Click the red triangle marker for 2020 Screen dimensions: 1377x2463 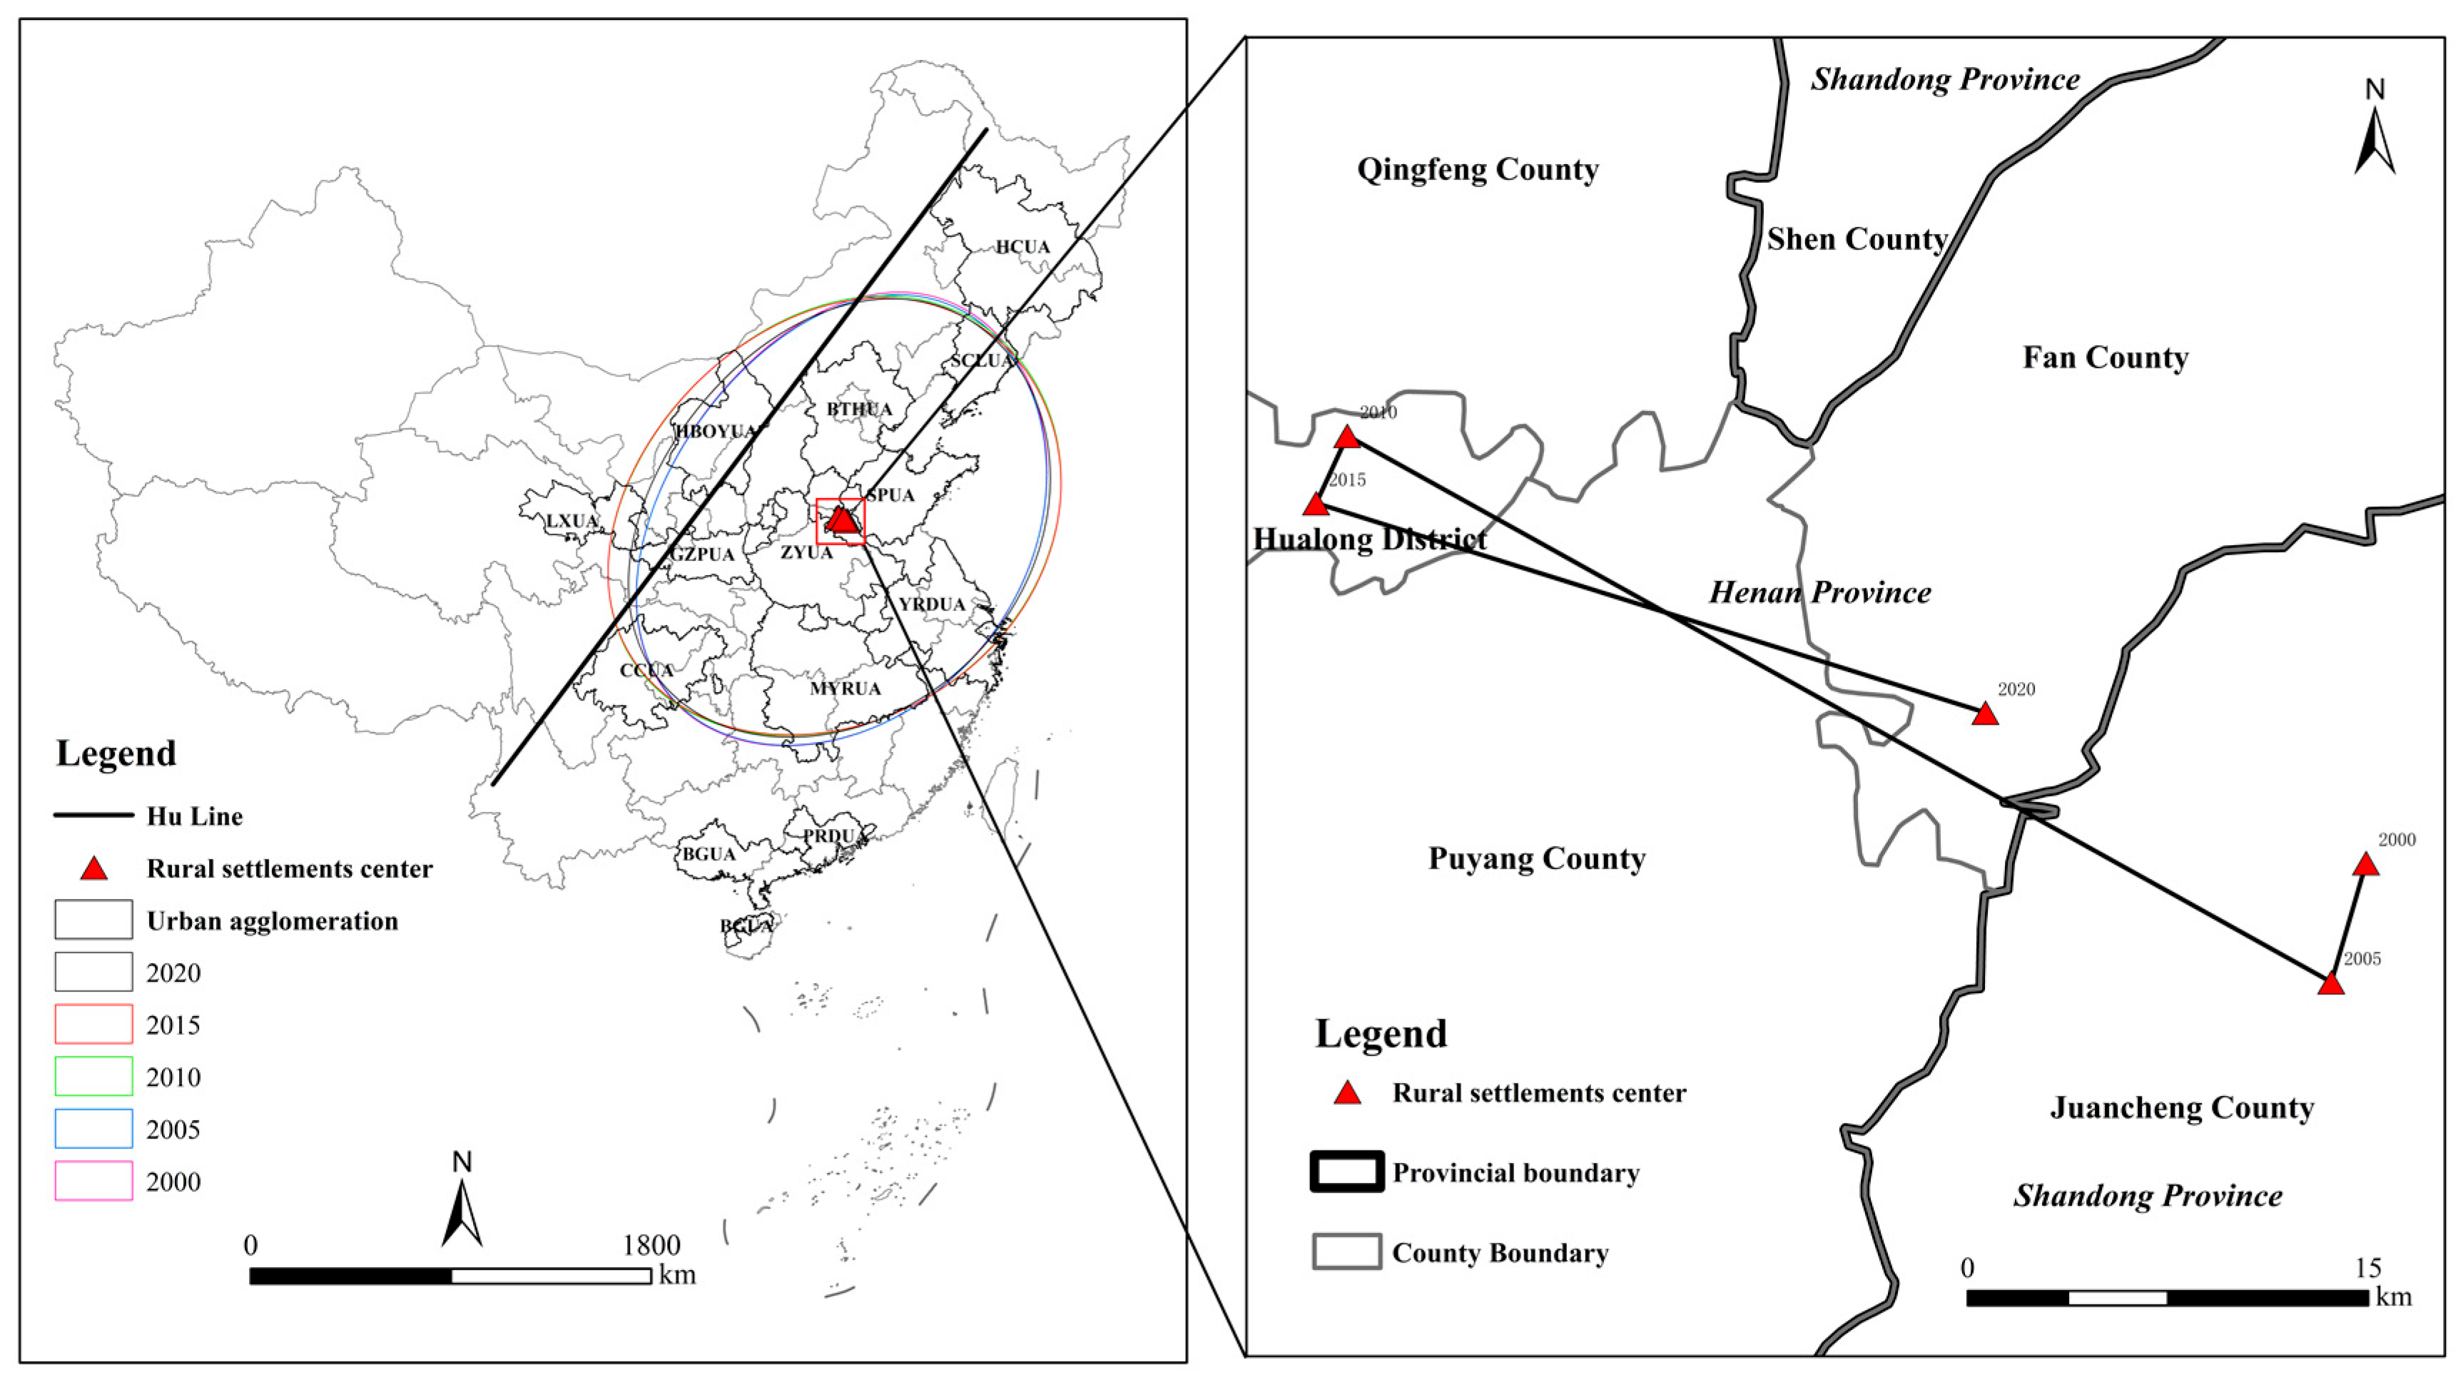[1985, 714]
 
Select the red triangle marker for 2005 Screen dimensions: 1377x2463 [2331, 984]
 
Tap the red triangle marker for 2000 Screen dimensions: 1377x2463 [2365, 865]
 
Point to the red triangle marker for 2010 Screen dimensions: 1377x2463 [1346, 438]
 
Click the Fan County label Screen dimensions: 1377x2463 [2106, 357]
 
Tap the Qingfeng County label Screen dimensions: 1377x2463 [1477, 169]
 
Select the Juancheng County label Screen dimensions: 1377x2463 [2182, 1107]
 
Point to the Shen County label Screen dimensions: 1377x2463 [1857, 239]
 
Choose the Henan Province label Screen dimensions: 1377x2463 [1819, 593]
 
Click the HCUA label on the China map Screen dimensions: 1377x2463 [1022, 247]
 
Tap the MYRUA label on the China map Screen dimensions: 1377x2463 [845, 688]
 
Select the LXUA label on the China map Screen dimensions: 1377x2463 [572, 521]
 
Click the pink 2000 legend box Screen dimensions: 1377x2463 [93, 1181]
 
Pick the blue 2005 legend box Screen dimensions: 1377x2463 [93, 1129]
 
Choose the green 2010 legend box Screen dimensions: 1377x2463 [93, 1077]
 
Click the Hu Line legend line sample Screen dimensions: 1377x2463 [93, 815]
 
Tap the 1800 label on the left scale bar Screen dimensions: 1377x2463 [651, 1245]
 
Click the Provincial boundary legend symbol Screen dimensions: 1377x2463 [1346, 1172]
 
